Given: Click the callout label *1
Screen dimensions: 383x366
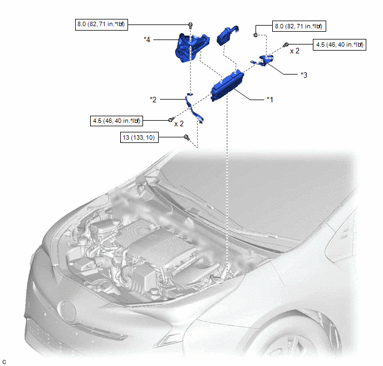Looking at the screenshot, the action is tap(270, 100).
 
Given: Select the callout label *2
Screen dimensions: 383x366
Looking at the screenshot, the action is tap(153, 100).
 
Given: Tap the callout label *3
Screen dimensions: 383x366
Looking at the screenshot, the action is tap(304, 75).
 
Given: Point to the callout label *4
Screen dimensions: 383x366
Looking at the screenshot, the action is tap(147, 39).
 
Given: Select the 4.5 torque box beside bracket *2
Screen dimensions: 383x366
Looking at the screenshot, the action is tap(116, 121).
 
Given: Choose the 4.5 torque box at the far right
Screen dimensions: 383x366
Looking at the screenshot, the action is tap(340, 44).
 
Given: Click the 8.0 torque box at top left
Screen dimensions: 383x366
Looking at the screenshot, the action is tap(101, 24).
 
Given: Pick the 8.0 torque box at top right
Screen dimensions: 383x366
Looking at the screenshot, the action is tap(299, 26).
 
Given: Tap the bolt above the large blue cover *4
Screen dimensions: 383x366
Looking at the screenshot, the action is tap(190, 24).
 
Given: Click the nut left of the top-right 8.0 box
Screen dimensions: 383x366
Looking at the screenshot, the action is tap(256, 35).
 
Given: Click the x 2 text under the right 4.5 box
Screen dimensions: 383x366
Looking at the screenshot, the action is tap(294, 51).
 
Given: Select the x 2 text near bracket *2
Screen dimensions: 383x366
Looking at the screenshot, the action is tap(179, 123).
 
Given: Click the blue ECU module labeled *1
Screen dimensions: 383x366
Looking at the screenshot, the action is tap(227, 86).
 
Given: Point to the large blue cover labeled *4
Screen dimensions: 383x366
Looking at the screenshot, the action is tap(191, 48).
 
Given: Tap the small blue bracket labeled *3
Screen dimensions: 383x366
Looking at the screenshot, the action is tap(264, 60).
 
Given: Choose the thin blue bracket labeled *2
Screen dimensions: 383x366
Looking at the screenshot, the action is tap(194, 108).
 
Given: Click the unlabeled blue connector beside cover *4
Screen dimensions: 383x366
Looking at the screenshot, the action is tap(227, 36).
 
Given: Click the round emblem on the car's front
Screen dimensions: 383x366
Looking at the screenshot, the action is tap(68, 312).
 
